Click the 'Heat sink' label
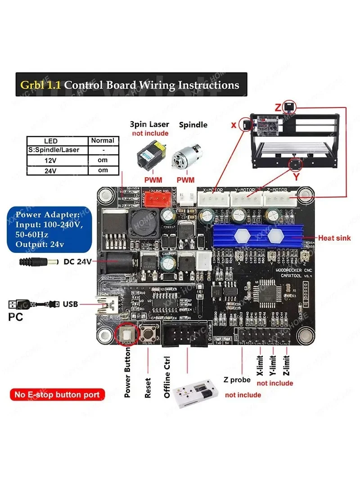[335, 238]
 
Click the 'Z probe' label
[237, 380]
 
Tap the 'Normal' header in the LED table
[103, 140]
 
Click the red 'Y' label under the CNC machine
[296, 177]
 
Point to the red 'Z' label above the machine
[278, 108]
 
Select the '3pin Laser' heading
[149, 125]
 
